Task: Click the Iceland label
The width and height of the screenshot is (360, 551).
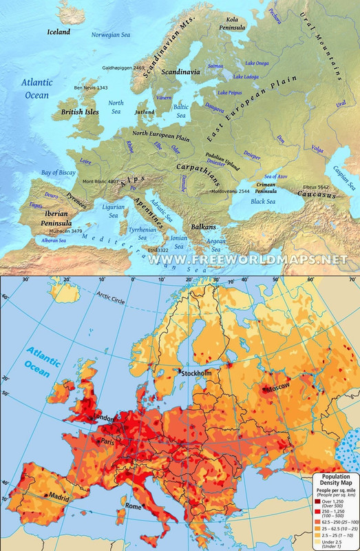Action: tap(59, 32)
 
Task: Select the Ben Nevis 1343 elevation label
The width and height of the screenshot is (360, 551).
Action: tap(91, 88)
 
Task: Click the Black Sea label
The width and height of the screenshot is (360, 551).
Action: tap(263, 201)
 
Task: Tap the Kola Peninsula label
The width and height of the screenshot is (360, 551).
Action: tap(233, 23)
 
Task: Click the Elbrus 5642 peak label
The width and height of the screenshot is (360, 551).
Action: tap(315, 187)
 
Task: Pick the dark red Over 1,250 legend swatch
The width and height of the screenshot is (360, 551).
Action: tap(317, 502)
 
